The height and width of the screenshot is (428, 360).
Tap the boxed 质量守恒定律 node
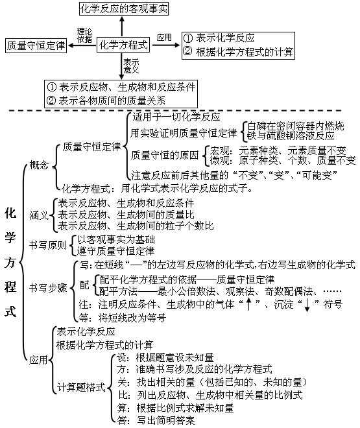(36, 45)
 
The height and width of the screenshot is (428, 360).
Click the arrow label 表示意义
(132, 66)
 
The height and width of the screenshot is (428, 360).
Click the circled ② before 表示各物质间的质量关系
(51, 101)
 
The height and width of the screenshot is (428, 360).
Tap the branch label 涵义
(39, 215)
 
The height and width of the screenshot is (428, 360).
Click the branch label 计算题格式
(81, 387)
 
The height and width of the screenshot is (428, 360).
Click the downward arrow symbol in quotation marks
(306, 303)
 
